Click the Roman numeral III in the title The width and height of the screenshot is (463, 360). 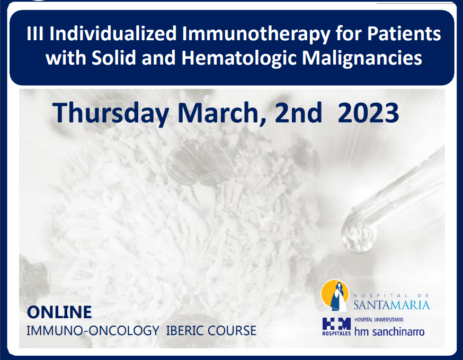[x=35, y=33]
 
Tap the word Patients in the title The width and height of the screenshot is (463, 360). [x=404, y=33]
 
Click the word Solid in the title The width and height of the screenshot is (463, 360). [x=114, y=58]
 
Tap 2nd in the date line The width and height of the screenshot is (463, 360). [x=298, y=112]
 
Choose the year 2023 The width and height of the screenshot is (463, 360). [x=369, y=112]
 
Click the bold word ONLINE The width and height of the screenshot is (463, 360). [x=59, y=312]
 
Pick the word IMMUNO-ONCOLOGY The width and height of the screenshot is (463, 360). [x=93, y=330]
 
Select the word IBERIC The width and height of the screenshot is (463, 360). [x=184, y=330]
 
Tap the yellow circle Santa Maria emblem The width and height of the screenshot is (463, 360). [x=335, y=295]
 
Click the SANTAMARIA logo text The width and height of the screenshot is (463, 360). [x=391, y=305]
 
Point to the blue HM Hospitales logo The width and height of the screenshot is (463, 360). [x=336, y=326]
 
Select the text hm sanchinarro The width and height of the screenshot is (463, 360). [x=389, y=331]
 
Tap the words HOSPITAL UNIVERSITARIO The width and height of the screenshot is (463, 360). [x=379, y=320]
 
